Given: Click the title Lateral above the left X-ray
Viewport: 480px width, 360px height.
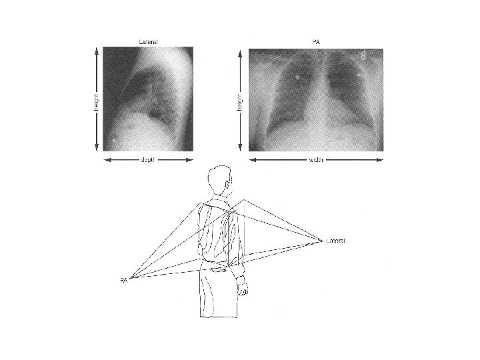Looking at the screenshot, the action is click(148, 42).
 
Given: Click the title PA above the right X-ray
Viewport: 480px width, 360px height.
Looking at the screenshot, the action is click(316, 42).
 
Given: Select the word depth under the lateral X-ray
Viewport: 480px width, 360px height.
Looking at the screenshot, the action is click(148, 160).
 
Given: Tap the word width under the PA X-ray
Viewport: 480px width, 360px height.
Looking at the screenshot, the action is click(316, 160).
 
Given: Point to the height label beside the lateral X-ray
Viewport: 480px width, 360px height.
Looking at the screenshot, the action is click(97, 102).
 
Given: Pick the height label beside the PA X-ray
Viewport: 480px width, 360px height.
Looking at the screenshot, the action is click(240, 102).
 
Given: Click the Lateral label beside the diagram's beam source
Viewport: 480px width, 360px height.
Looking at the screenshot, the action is click(335, 241).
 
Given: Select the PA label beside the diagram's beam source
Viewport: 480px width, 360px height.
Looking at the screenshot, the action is click(124, 280).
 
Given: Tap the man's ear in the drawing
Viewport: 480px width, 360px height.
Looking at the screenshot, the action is click(227, 185).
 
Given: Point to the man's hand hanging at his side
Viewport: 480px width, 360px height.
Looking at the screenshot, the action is click(243, 289).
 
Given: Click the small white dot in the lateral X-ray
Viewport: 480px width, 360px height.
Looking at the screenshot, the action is click(114, 140).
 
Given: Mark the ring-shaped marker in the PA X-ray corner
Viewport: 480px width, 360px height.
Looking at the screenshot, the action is click(363, 57).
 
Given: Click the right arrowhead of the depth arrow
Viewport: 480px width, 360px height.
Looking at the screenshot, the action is click(190, 160).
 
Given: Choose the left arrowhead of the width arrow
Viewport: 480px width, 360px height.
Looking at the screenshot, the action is click(253, 160).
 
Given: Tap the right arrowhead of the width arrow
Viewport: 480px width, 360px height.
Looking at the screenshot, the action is click(379, 160).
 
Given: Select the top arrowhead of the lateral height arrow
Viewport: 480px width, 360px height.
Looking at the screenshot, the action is click(97, 51).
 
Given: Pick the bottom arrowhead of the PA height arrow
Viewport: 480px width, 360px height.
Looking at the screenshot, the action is click(240, 147).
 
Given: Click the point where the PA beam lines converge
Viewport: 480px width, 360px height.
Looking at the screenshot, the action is click(130, 278).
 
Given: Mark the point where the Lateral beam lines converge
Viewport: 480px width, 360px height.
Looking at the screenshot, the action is click(323, 241).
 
